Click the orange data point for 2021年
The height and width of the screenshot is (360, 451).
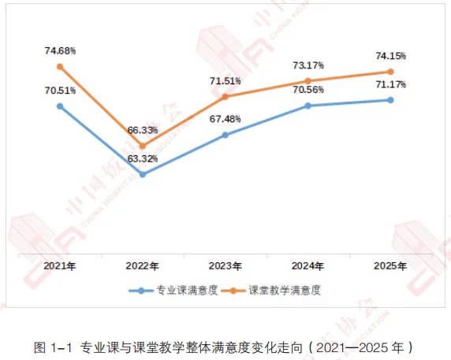[60, 67]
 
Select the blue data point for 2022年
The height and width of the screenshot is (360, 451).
[143, 174]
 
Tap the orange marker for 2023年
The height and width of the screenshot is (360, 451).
[225, 97]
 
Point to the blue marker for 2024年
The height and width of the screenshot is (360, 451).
[307, 106]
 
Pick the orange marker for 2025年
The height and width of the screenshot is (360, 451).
[390, 72]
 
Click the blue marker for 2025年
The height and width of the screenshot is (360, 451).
[390, 100]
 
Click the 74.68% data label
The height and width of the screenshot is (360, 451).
[60, 51]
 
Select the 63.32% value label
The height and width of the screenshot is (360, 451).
[143, 158]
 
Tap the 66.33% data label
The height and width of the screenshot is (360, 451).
[143, 130]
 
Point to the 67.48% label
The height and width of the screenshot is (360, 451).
[225, 119]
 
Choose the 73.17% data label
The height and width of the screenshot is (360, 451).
[308, 65]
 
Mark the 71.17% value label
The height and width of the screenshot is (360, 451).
[391, 84]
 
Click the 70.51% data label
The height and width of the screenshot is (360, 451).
[60, 91]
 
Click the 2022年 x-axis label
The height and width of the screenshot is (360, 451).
[142, 266]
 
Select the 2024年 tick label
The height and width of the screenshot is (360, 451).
[307, 266]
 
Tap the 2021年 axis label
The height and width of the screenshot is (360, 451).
[60, 266]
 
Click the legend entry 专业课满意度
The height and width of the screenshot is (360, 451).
[173, 291]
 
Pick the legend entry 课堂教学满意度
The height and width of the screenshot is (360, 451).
[271, 291]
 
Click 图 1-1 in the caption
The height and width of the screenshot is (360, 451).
[53, 347]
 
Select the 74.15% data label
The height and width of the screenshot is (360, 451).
[391, 56]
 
